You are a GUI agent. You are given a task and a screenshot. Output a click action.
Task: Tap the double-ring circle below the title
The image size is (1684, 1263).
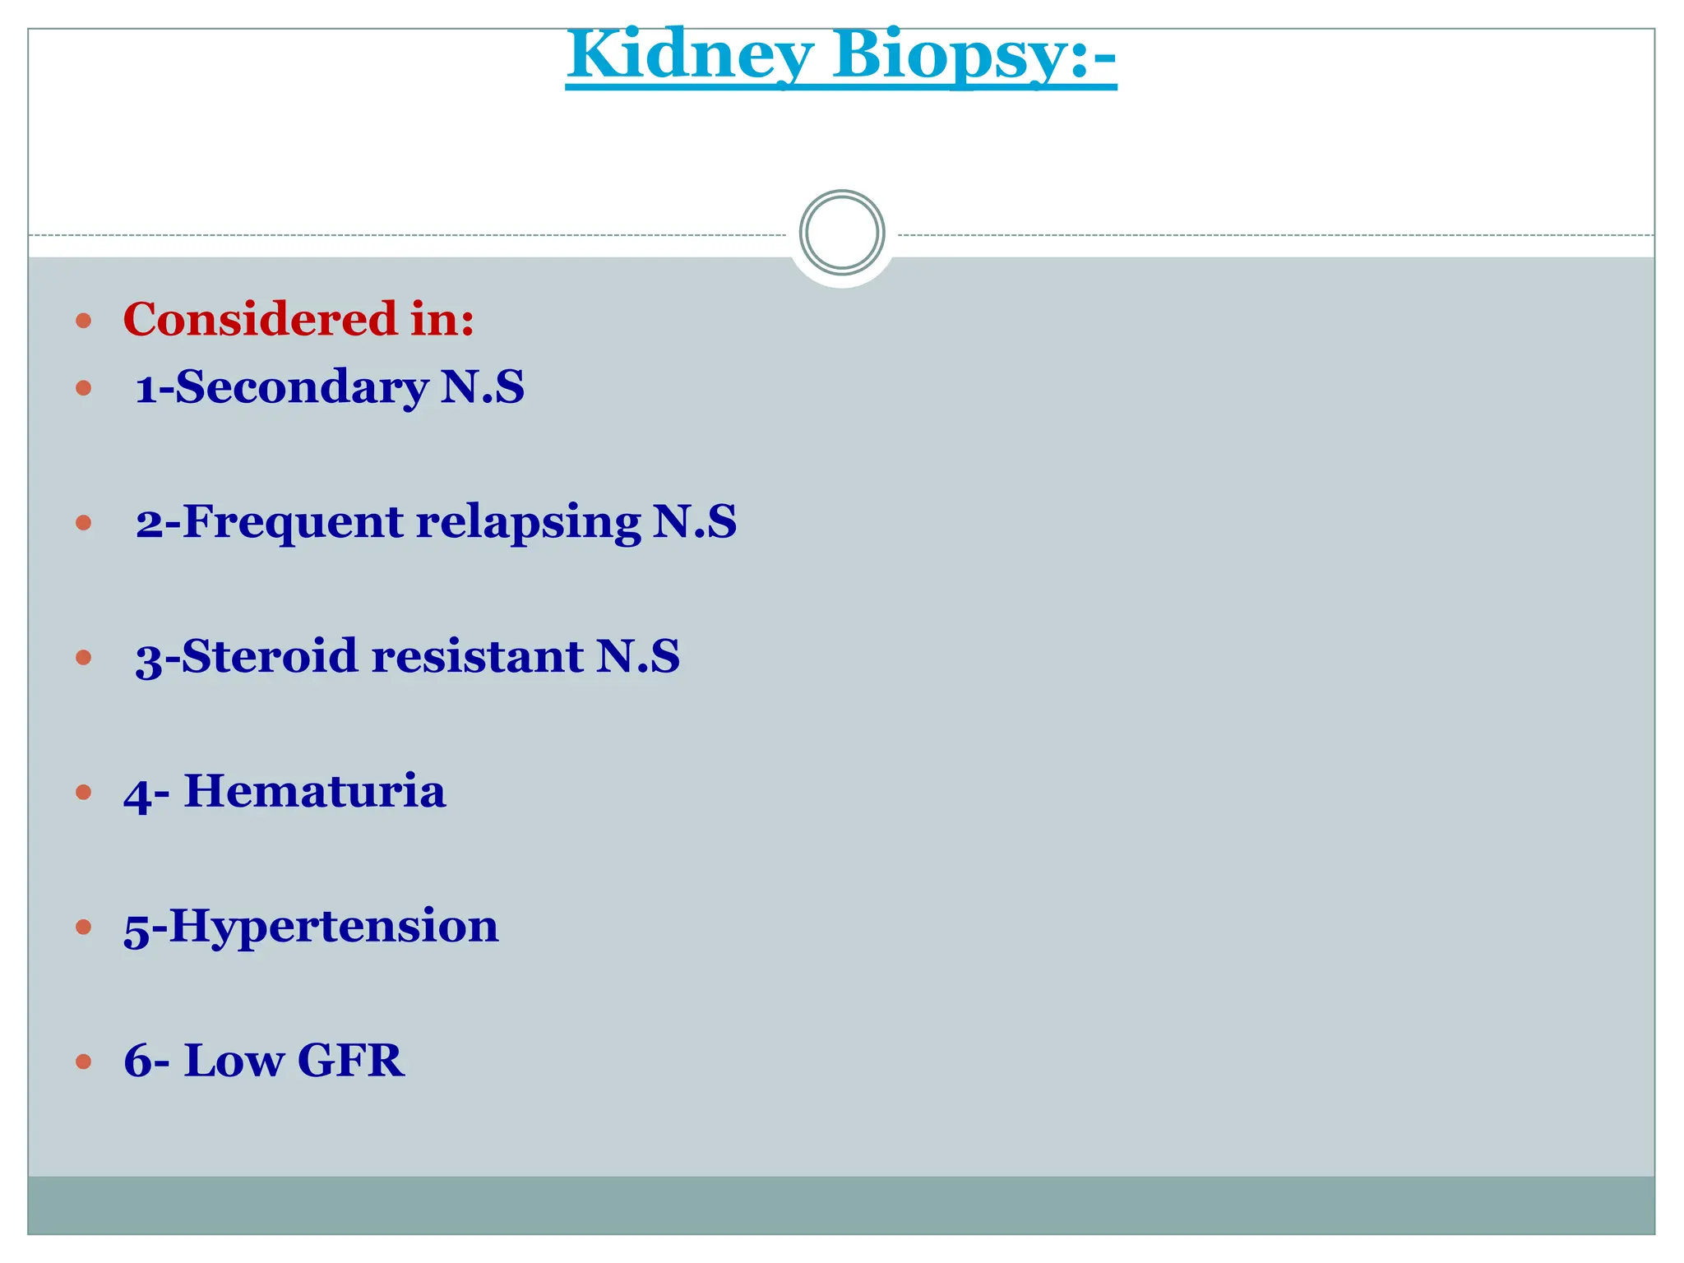click(842, 233)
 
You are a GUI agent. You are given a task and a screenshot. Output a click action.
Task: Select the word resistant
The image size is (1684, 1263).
click(477, 656)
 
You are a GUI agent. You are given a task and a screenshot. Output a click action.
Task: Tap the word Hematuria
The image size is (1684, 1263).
click(314, 791)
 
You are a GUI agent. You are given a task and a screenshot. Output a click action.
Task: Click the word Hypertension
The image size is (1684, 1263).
click(334, 926)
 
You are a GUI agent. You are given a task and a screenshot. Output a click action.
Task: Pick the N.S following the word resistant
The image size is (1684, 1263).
click(638, 656)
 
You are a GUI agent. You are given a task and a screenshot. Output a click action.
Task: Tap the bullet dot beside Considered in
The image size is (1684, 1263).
click(83, 320)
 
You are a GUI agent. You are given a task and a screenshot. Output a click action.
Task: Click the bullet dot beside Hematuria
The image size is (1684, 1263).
click(83, 792)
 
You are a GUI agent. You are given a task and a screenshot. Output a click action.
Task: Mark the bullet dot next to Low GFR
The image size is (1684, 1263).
click(83, 1062)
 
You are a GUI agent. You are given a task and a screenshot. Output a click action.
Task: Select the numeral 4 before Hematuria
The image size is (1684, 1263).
click(137, 794)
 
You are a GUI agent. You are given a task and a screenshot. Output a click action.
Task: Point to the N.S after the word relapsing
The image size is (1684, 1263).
click(695, 521)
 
